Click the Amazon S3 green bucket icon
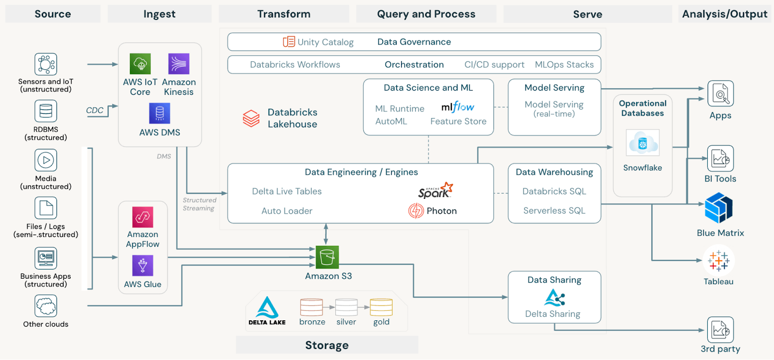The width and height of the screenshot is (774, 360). [x=327, y=257]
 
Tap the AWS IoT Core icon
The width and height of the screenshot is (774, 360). [x=140, y=63]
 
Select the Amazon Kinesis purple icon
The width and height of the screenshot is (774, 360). [x=179, y=63]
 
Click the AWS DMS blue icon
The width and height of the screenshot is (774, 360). [x=160, y=113]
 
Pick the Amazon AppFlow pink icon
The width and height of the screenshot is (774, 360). [x=143, y=217]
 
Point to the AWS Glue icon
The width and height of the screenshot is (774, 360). [x=143, y=266]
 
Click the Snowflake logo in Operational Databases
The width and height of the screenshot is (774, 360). [x=642, y=143]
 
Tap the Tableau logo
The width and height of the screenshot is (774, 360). [x=718, y=261]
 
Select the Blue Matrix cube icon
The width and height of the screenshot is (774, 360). [x=719, y=208]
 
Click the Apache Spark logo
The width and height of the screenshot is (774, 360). [x=435, y=191]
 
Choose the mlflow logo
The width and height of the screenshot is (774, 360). [x=458, y=107]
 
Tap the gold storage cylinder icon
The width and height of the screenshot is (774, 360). [x=381, y=307]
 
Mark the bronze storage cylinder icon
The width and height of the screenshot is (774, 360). [x=312, y=307]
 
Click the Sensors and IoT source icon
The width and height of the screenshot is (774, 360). [x=46, y=64]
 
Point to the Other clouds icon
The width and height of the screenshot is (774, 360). [x=46, y=306]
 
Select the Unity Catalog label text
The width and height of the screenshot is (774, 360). [x=325, y=42]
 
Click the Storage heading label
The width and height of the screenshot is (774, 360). [x=327, y=345]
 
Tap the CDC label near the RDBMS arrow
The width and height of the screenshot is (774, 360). [x=95, y=110]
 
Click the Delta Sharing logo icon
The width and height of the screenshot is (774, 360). [x=554, y=298]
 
